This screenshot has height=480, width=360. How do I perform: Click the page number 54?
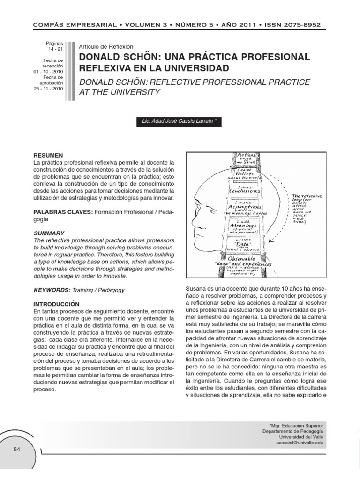17,449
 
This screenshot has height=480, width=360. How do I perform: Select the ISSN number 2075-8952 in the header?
304,24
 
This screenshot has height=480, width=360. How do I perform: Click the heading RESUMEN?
48,155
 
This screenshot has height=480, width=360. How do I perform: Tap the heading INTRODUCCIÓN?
57,304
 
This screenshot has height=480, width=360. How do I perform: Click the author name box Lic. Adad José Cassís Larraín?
176,121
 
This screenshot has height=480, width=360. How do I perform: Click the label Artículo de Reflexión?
106,47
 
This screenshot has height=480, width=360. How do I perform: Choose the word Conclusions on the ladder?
244,191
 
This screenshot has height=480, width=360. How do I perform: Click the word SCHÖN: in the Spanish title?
143,57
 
